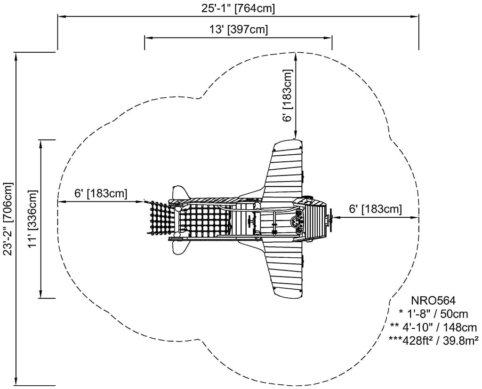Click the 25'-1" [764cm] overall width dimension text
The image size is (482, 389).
(x=238, y=8)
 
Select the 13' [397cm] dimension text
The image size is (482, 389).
(x=238, y=30)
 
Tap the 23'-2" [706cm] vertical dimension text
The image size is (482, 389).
(x=8, y=218)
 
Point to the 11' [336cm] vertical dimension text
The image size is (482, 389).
(x=32, y=219)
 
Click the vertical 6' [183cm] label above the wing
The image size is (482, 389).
(x=287, y=96)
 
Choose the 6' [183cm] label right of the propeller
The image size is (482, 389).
(x=375, y=209)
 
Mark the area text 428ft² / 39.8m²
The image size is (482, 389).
(x=433, y=340)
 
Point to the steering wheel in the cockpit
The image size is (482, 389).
(x=297, y=221)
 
